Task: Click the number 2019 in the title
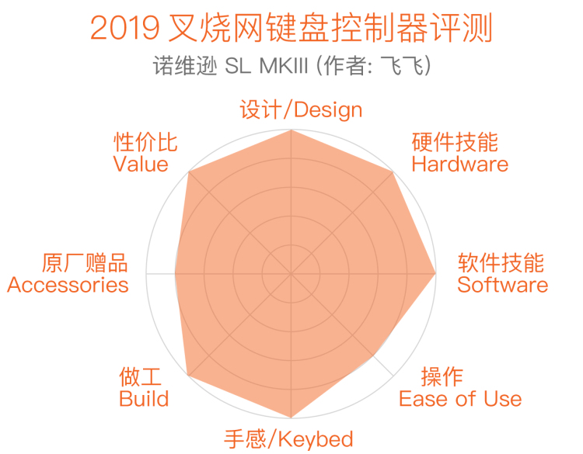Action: pyautogui.click(x=125, y=27)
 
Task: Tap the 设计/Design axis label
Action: pyautogui.click(x=301, y=109)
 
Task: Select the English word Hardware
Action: pyautogui.click(x=460, y=164)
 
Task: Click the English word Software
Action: pyautogui.click(x=502, y=285)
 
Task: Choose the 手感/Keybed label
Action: pyautogui.click(x=288, y=439)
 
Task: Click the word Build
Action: pyautogui.click(x=144, y=399)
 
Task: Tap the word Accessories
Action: pyautogui.click(x=68, y=285)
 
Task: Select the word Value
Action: pyautogui.click(x=141, y=164)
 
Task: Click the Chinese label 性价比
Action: pyautogui.click(x=145, y=142)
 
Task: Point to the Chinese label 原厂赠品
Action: pyautogui.click(x=85, y=263)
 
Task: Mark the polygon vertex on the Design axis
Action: pyautogui.click(x=291, y=130)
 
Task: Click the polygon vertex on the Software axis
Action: pyautogui.click(x=436, y=274)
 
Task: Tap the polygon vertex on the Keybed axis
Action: pyautogui.click(x=291, y=418)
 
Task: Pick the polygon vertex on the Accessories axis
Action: pyautogui.click(x=175, y=274)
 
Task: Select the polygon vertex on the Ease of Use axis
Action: pyautogui.click(x=373, y=355)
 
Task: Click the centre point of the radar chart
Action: pyautogui.click(x=291, y=274)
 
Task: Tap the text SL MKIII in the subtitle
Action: pyautogui.click(x=266, y=66)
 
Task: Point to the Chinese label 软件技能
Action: pyautogui.click(x=501, y=263)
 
